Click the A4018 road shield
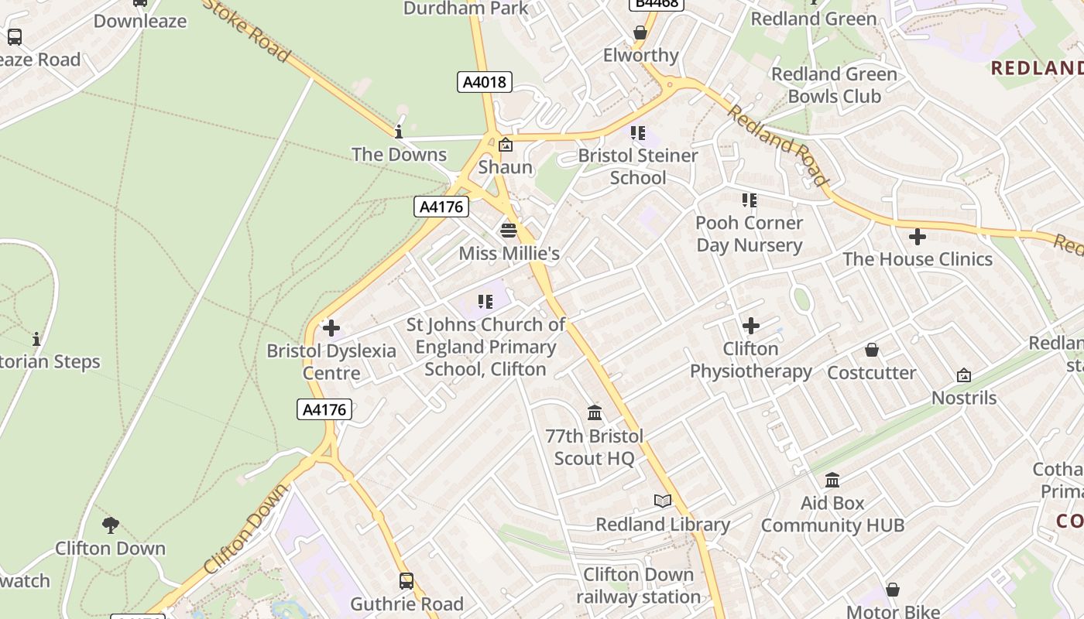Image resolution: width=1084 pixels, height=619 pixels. [484, 81]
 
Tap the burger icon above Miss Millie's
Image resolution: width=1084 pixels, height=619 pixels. [508, 230]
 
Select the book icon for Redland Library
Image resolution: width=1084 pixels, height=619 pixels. [662, 501]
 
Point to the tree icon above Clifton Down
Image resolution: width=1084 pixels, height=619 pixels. [111, 525]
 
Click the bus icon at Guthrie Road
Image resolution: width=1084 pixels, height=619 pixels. [406, 580]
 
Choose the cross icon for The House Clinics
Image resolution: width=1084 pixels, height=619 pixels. [918, 236]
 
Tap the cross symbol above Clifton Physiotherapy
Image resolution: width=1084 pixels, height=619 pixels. [750, 326]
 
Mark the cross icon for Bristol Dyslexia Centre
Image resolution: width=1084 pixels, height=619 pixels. [331, 328]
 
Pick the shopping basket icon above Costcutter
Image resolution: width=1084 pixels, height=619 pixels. [872, 350]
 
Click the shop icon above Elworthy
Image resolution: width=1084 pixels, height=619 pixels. [640, 32]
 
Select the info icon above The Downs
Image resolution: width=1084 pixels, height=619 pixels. [399, 132]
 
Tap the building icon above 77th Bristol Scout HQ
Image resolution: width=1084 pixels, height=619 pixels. [595, 412]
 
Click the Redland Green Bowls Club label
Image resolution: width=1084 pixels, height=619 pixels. [834, 85]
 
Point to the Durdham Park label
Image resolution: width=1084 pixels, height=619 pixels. [466, 9]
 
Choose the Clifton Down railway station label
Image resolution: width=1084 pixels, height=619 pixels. [639, 586]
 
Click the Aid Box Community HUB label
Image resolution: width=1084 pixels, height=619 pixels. [832, 515]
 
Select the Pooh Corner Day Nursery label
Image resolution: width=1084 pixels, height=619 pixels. [749, 234]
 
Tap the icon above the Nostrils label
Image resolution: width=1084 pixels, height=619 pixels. [964, 375]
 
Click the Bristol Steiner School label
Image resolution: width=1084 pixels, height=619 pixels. [638, 166]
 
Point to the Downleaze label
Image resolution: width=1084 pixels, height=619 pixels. [140, 21]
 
